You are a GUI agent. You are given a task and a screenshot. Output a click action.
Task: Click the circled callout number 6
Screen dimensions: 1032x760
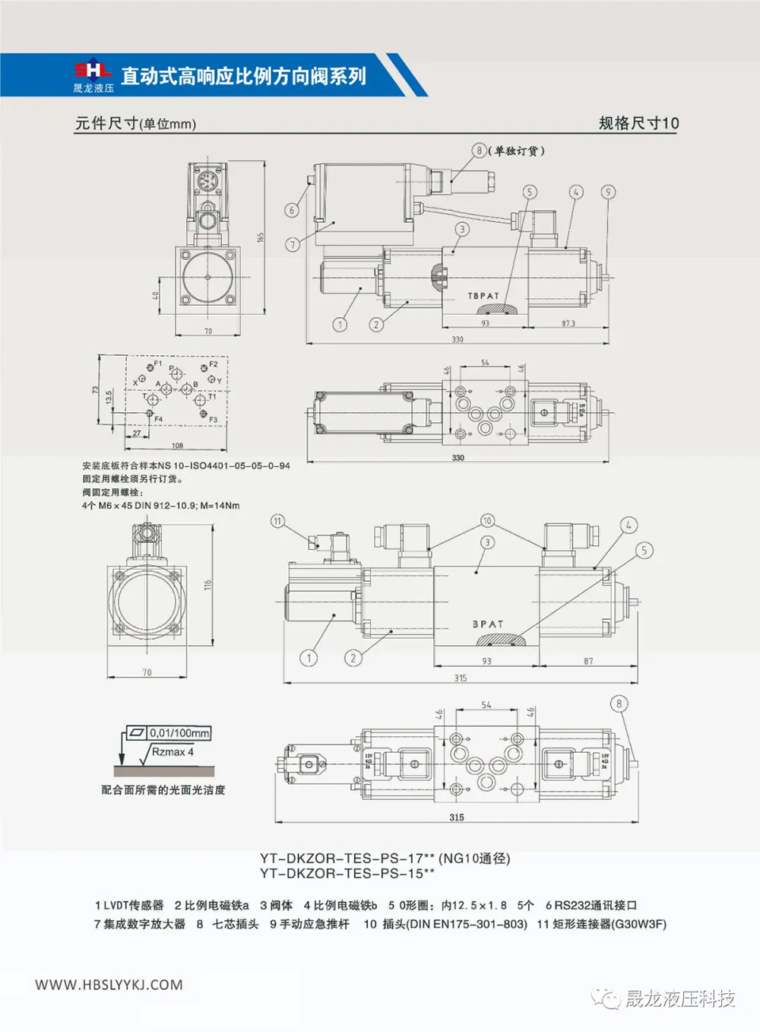[292, 211]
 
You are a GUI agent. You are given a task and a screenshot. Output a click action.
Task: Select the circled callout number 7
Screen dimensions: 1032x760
[292, 244]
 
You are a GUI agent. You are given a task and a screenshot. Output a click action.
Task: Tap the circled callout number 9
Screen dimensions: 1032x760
[607, 192]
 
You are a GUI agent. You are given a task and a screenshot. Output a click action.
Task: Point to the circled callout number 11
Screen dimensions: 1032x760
[277, 521]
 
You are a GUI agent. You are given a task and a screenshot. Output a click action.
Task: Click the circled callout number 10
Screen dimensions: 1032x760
[487, 521]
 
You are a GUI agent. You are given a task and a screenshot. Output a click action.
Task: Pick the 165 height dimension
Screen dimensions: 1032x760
[261, 237]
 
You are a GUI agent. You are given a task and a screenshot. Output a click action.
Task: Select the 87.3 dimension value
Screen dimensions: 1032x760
[568, 323]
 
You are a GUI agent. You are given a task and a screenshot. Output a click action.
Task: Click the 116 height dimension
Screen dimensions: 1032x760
[207, 585]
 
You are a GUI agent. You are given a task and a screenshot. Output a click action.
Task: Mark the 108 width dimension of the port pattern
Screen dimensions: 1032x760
[177, 446]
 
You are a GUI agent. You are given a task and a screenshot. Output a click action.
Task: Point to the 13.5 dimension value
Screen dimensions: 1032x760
[109, 397]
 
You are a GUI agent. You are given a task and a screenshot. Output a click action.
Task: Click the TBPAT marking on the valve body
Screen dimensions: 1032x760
[483, 296]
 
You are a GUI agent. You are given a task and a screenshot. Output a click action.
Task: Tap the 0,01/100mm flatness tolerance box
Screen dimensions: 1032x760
[179, 733]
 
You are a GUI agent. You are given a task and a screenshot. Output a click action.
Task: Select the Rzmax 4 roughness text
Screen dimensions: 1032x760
[173, 752]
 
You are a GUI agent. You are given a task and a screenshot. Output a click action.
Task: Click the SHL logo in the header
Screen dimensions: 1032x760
[93, 71]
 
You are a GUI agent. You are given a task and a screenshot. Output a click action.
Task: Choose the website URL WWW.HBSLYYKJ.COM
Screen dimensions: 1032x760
[109, 985]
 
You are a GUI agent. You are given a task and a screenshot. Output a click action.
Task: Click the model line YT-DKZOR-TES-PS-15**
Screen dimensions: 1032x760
[347, 874]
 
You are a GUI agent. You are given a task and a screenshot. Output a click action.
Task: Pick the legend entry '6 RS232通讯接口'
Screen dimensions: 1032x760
[591, 905]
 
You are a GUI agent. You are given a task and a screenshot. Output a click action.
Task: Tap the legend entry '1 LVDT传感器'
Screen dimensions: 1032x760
[129, 905]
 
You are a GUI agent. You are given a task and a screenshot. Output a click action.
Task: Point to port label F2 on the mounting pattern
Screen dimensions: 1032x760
[213, 364]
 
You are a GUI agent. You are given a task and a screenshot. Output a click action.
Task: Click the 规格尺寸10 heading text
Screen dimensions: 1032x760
[638, 123]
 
